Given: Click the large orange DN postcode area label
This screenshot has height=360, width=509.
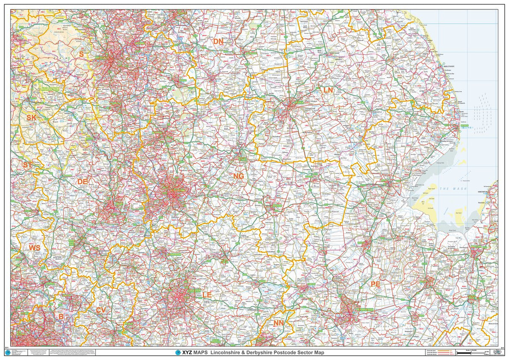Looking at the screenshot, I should (218, 41).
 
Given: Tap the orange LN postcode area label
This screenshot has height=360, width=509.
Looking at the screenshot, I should (328, 90).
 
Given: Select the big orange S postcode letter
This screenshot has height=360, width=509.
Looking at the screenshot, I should (81, 54).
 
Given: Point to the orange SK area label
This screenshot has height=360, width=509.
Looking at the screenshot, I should (31, 117).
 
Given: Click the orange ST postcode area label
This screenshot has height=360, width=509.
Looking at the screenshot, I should (28, 165).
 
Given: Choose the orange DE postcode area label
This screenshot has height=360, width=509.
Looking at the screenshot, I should (82, 181).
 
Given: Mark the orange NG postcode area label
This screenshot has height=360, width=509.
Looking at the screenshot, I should (238, 176).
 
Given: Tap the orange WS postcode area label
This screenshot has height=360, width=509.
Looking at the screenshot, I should (34, 247).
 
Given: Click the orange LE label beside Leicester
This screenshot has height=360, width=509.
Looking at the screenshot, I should (207, 294).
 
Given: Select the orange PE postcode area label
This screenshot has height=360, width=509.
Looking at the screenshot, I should (375, 284).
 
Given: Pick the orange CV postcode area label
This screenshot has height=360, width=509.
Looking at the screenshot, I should (101, 310).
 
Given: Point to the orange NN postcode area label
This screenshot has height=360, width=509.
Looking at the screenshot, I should (278, 323).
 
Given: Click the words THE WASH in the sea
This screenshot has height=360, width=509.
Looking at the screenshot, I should (453, 189).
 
